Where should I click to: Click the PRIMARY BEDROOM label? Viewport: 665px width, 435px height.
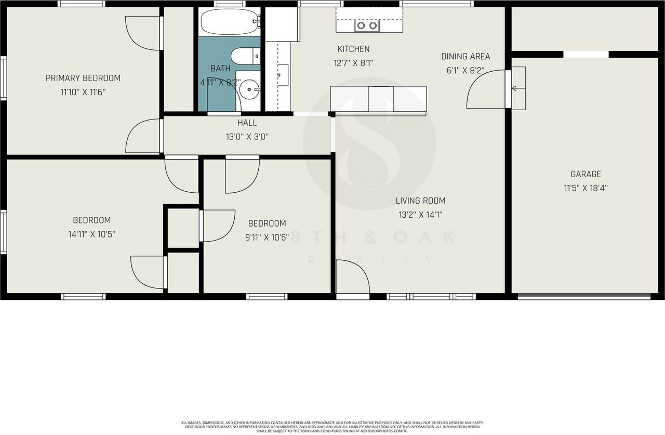83,78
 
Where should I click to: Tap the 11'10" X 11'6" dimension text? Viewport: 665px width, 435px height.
83,92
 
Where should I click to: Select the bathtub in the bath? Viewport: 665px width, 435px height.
229,21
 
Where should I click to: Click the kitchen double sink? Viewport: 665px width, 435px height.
366,24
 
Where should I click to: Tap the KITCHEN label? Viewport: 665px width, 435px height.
353,49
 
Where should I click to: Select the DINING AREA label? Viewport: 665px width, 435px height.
465,57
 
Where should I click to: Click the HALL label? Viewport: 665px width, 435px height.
247,123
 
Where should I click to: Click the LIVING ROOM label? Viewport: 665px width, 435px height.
420,201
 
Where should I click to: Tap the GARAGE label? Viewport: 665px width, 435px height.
586,175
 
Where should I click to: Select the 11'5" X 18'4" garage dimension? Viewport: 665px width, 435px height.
586,188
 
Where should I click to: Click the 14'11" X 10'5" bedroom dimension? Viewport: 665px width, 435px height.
91,234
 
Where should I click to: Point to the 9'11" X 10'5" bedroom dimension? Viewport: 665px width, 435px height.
267,237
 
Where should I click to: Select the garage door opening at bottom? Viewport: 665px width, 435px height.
584,297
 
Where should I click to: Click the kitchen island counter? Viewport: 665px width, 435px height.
378,99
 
